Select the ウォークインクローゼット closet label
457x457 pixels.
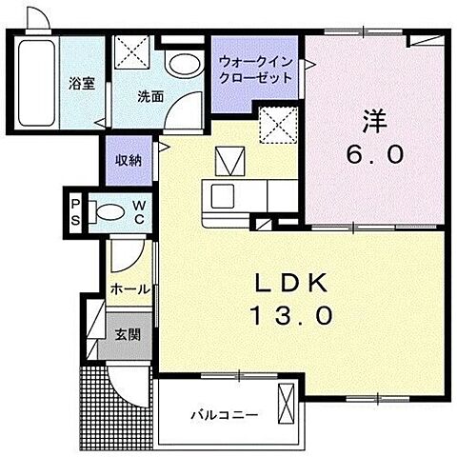point(255,69)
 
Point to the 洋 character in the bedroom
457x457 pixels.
point(374,121)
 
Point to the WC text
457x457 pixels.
point(138,209)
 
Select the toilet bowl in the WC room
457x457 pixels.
point(110,210)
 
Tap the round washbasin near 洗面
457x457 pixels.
point(179,65)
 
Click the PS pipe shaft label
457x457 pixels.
point(76,209)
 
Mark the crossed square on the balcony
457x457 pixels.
point(285,405)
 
